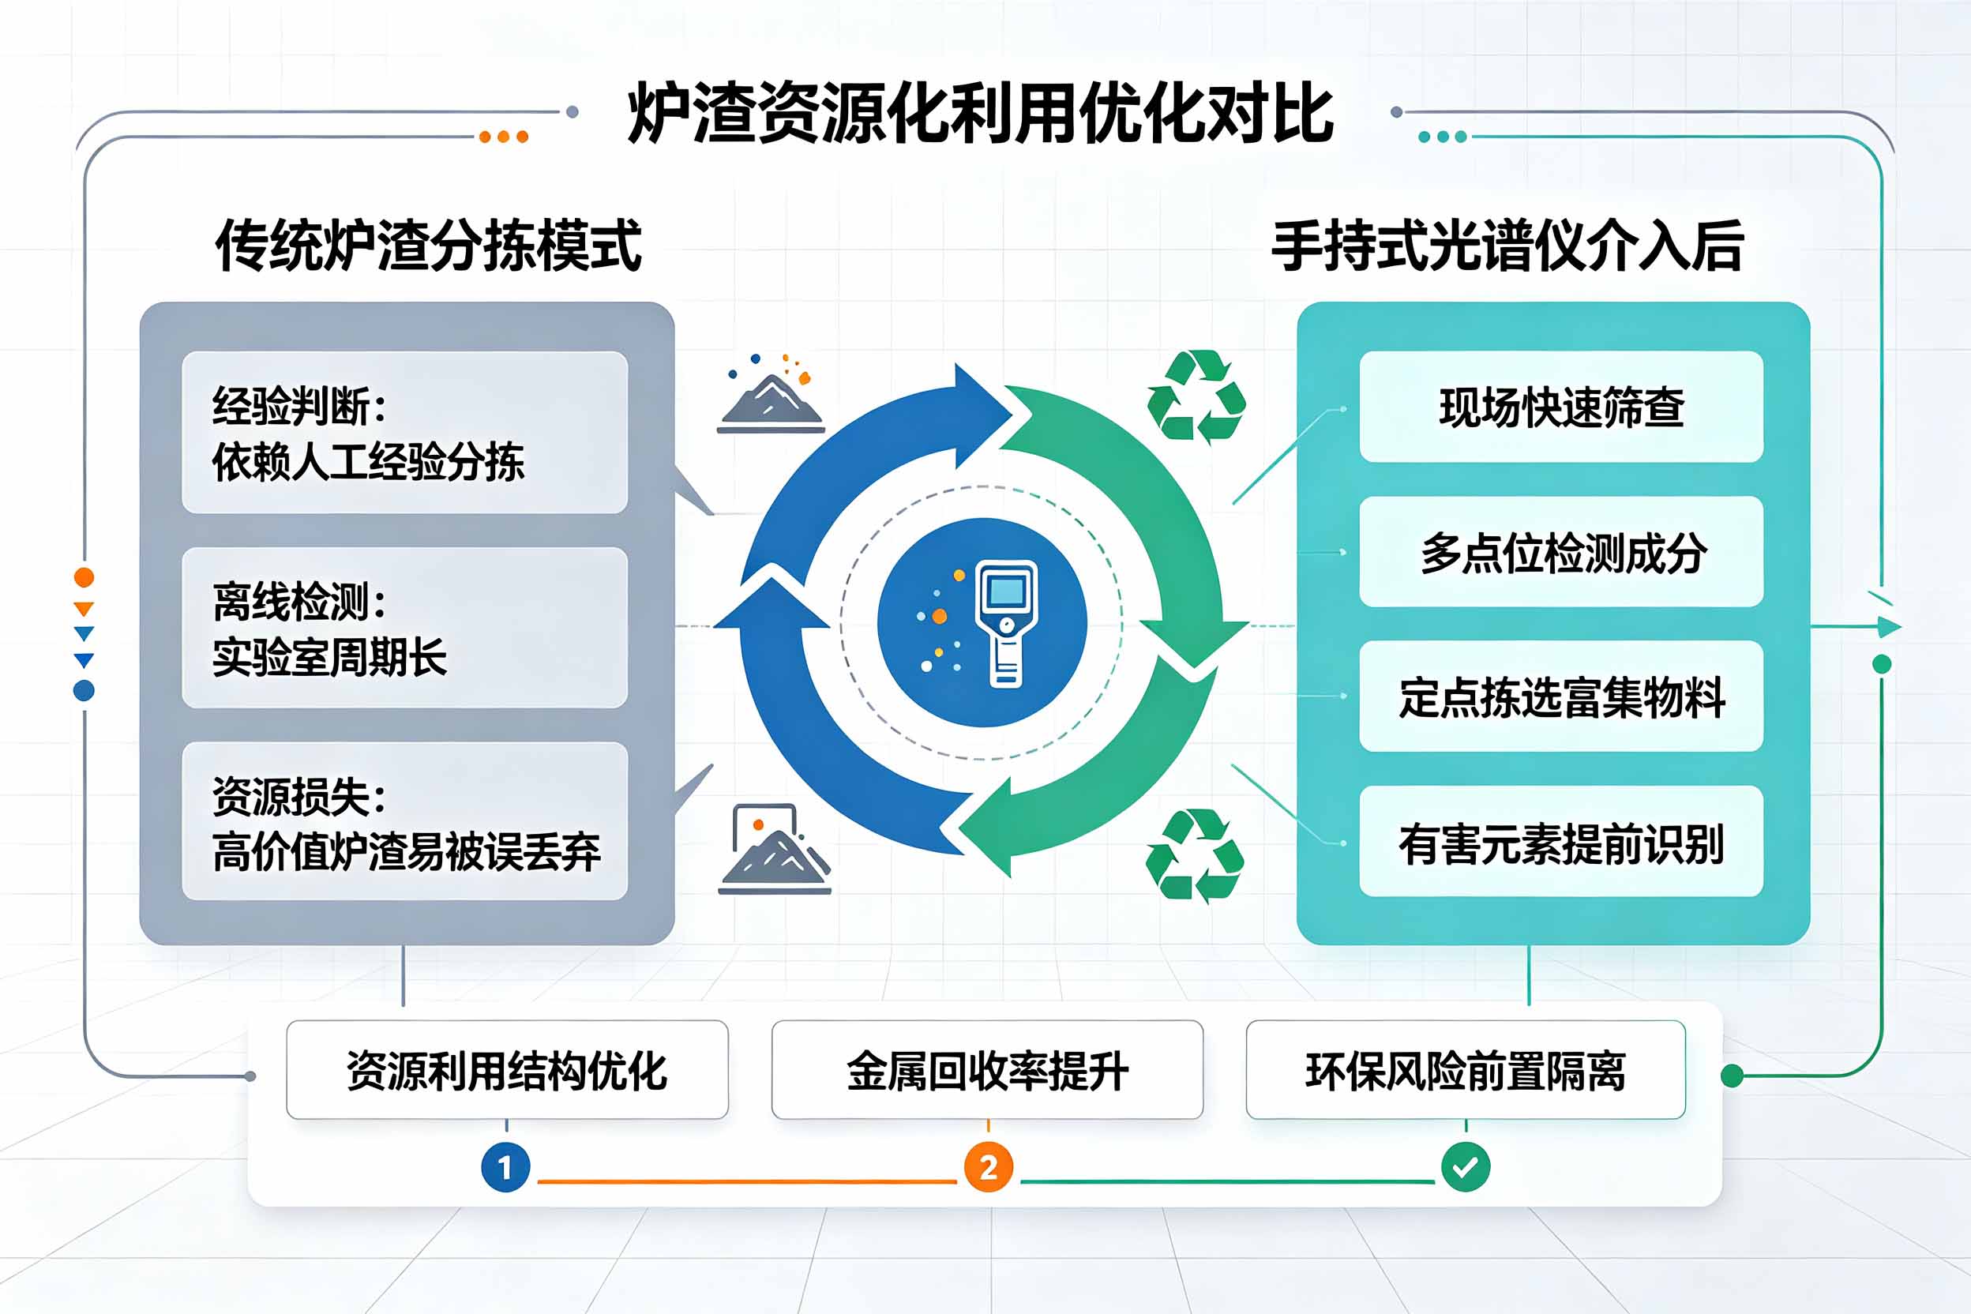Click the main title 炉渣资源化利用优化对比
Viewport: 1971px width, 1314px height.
point(981,114)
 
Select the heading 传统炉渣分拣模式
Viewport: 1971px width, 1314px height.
point(428,246)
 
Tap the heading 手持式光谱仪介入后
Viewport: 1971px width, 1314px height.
point(1507,246)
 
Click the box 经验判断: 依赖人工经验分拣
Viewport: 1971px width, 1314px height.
point(405,433)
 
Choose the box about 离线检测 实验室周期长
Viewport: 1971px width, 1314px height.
point(405,628)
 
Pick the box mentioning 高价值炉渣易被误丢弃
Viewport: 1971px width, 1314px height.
point(405,821)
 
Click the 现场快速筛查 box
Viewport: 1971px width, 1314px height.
point(1561,407)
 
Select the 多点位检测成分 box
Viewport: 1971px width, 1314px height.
point(1561,551)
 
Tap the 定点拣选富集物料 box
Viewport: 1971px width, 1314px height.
point(1561,696)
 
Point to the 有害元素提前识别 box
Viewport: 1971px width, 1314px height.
point(1561,841)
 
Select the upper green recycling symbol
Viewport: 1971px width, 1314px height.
point(1196,396)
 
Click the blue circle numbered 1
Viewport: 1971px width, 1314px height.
point(505,1166)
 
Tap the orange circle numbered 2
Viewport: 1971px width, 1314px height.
point(988,1166)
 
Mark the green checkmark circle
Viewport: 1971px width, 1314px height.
point(1466,1166)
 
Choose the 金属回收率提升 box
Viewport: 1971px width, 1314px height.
point(987,1070)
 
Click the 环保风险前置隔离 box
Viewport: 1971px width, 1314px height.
point(1466,1070)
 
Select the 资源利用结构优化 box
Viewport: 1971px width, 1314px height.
point(507,1070)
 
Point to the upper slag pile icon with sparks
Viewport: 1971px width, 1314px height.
point(771,393)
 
